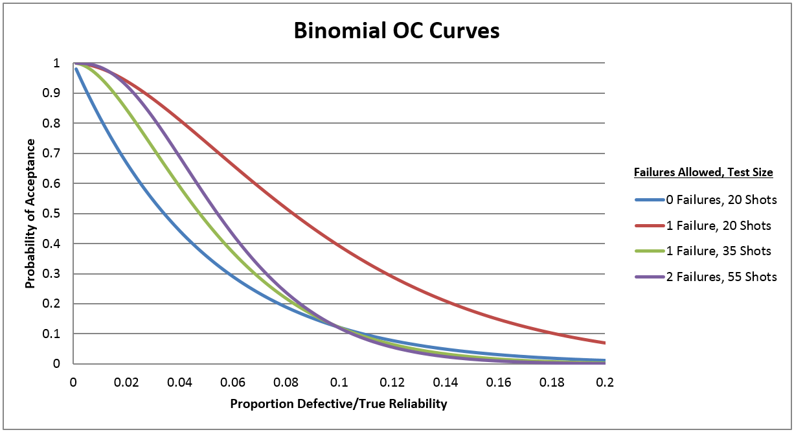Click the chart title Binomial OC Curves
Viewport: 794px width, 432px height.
pos(396,30)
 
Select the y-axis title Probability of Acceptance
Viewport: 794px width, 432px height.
pos(30,214)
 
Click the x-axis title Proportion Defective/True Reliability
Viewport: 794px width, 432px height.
pos(338,404)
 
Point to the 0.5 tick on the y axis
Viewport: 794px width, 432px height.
pos(56,214)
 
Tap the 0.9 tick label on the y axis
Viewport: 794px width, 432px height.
pos(56,93)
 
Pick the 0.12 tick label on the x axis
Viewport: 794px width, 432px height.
pos(392,382)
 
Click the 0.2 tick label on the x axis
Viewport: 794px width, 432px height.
pos(605,382)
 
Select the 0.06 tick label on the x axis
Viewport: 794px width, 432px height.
pos(233,382)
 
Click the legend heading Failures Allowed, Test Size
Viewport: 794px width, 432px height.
pos(702,173)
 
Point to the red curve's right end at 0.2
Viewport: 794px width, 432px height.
pos(605,343)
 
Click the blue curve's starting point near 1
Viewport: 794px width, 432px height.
pos(76,69)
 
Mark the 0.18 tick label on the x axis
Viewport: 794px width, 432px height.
pos(552,382)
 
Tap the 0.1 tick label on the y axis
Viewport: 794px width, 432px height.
pos(56,334)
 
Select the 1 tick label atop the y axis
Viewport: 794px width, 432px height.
pos(57,63)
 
